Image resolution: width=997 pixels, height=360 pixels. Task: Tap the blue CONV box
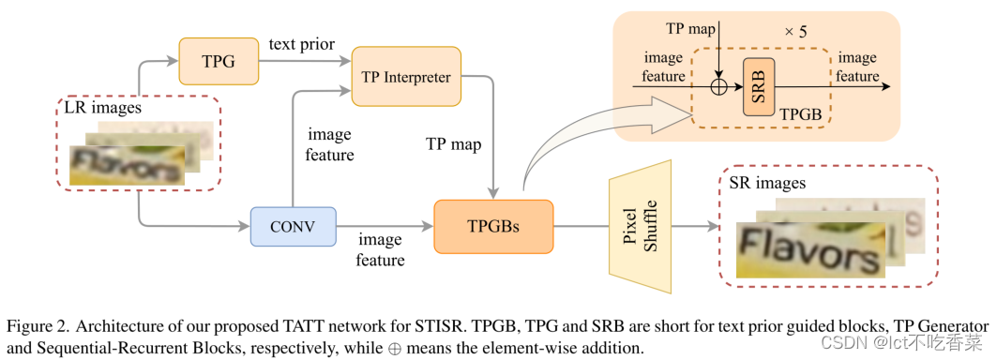(293, 226)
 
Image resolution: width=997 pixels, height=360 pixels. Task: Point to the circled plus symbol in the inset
(718, 86)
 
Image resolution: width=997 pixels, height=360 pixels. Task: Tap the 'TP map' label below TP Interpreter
(454, 144)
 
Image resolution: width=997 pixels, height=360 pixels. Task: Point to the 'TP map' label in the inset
(691, 29)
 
